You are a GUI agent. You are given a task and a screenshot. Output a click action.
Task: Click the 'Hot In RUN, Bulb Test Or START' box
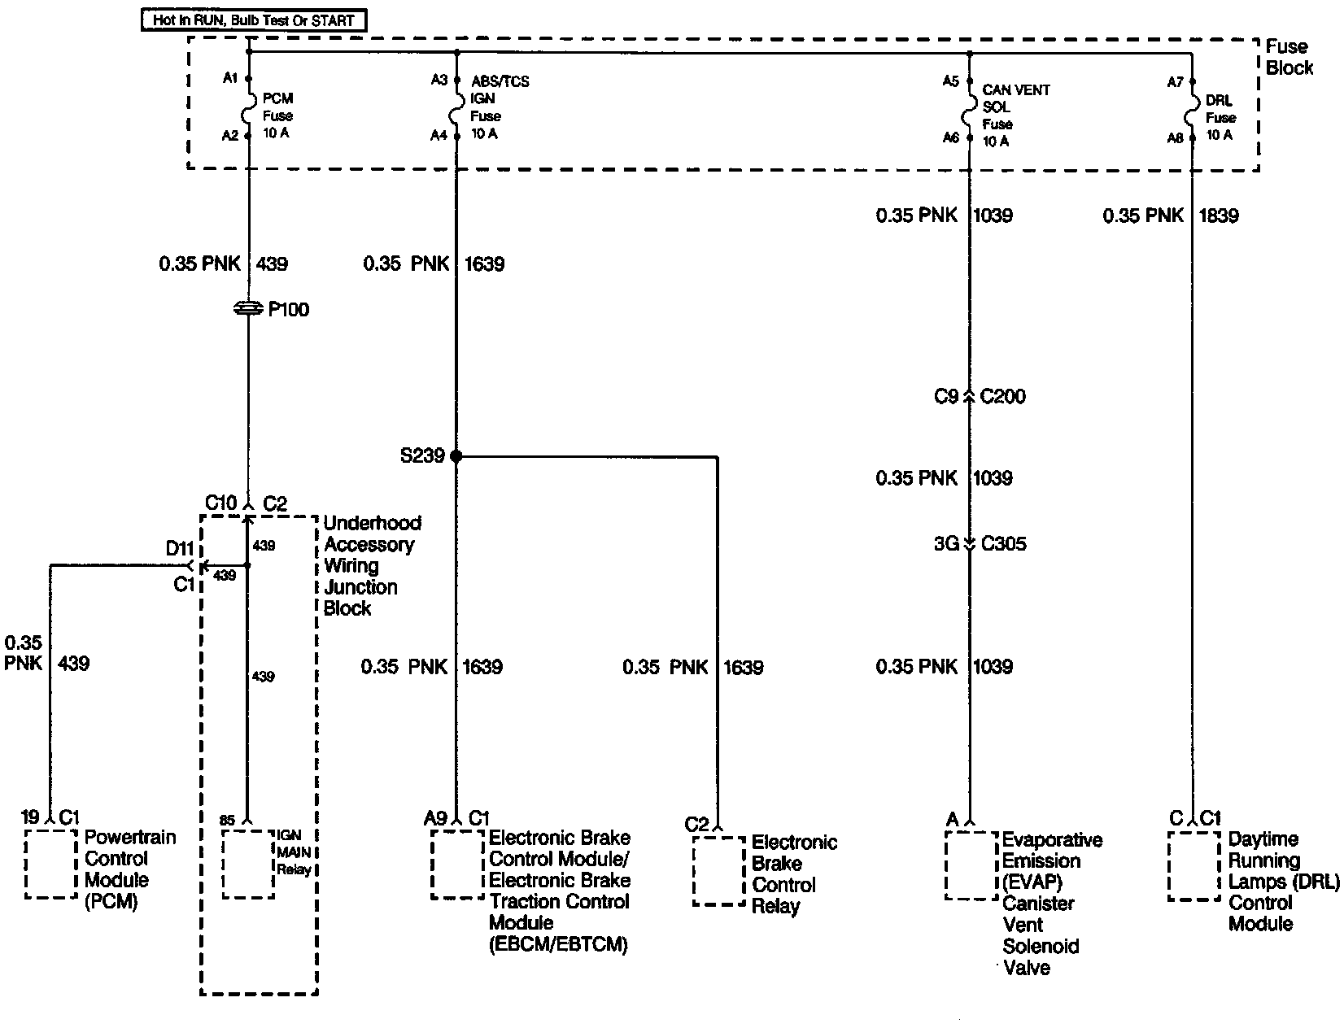(254, 20)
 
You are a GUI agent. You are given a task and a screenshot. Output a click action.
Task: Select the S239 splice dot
(456, 456)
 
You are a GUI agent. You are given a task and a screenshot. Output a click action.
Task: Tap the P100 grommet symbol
(247, 309)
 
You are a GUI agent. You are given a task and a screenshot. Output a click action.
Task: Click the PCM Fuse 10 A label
(277, 115)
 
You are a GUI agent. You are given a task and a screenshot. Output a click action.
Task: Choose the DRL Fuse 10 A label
(1219, 118)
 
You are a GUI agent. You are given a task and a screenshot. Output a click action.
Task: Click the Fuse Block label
(1288, 57)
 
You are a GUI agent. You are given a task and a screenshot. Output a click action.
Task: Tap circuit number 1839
(1218, 216)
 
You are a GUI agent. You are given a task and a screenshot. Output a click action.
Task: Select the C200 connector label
(1003, 397)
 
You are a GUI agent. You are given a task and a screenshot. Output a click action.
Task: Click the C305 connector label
(1004, 543)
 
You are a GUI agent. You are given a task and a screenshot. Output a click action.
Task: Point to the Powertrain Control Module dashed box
(51, 864)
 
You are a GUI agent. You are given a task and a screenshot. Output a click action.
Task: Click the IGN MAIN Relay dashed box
(247, 864)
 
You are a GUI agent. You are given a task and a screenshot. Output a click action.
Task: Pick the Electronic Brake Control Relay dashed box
(718, 871)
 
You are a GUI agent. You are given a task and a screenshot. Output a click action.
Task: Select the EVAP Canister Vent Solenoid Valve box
(971, 865)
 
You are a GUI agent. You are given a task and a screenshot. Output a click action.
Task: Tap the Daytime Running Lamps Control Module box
(1193, 865)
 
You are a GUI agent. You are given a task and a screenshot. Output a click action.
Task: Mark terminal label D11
(179, 549)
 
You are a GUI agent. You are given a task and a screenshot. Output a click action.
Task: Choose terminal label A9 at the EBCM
(434, 817)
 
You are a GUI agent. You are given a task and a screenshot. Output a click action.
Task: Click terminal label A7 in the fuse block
(1175, 82)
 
